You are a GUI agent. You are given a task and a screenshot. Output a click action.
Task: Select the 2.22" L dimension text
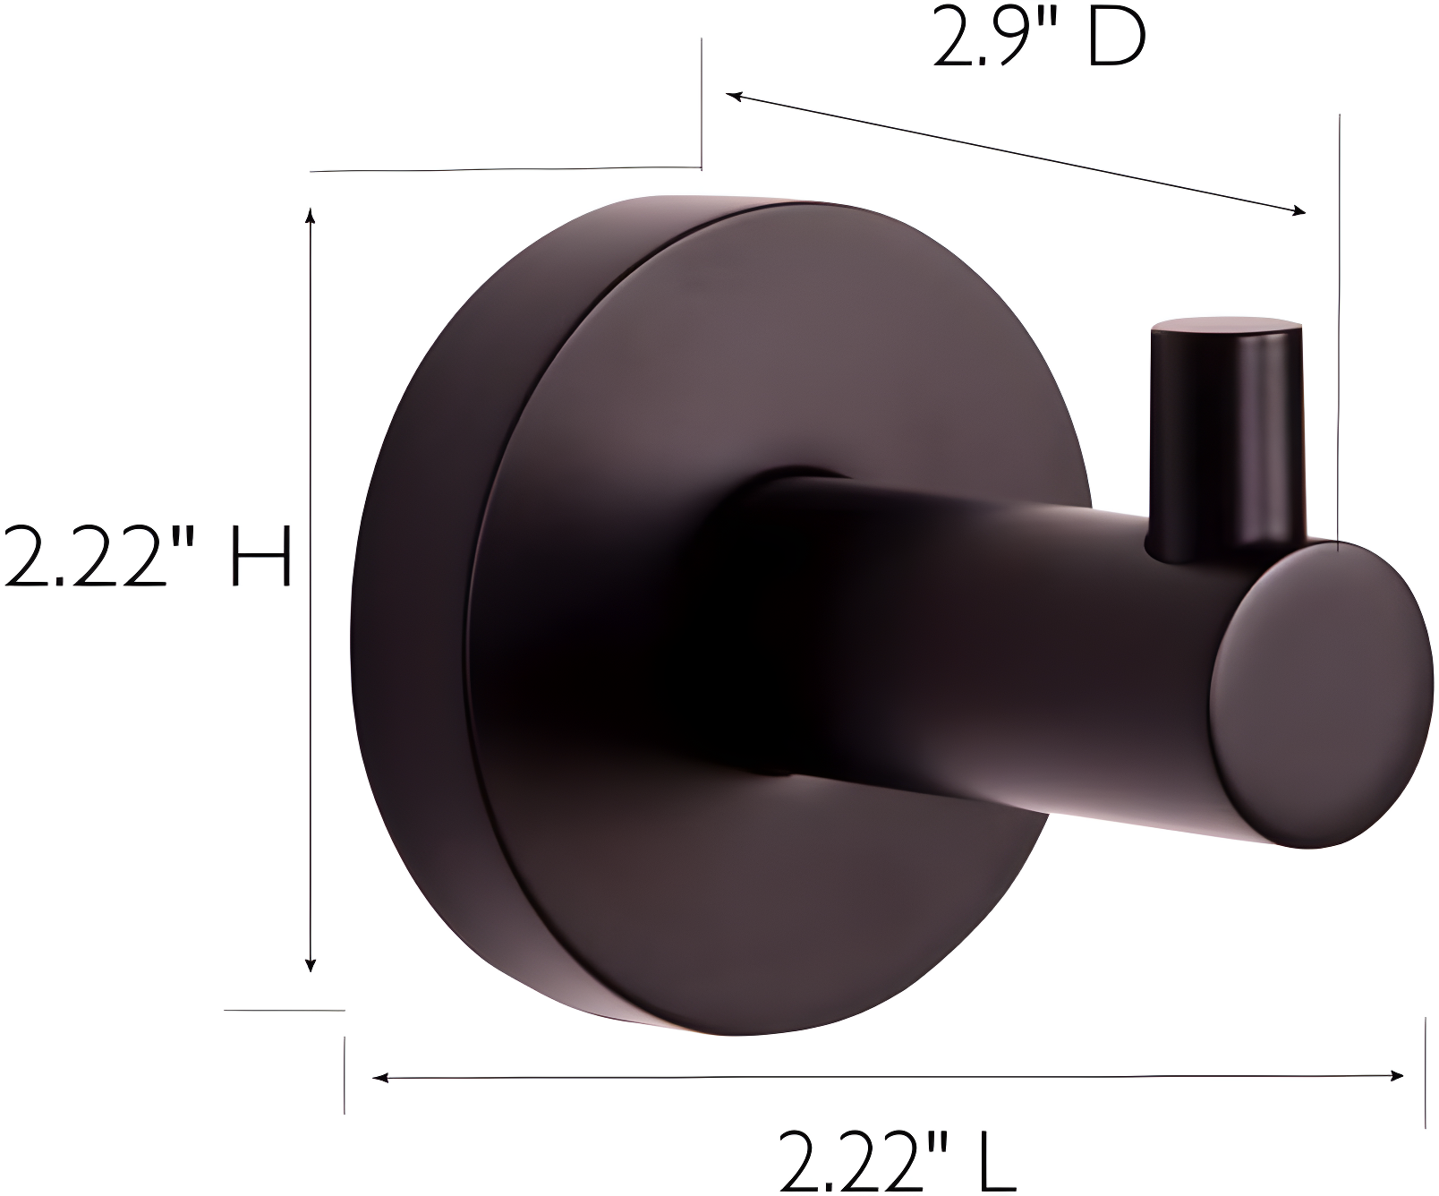897,1161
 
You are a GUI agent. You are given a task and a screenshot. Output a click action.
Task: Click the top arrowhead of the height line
311,215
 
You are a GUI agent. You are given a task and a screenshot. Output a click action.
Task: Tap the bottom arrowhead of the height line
311,964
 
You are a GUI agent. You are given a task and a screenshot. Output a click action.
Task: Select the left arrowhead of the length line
380,1077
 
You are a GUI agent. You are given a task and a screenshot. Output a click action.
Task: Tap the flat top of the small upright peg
1226,326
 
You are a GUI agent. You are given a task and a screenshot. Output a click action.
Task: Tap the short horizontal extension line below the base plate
284,1010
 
